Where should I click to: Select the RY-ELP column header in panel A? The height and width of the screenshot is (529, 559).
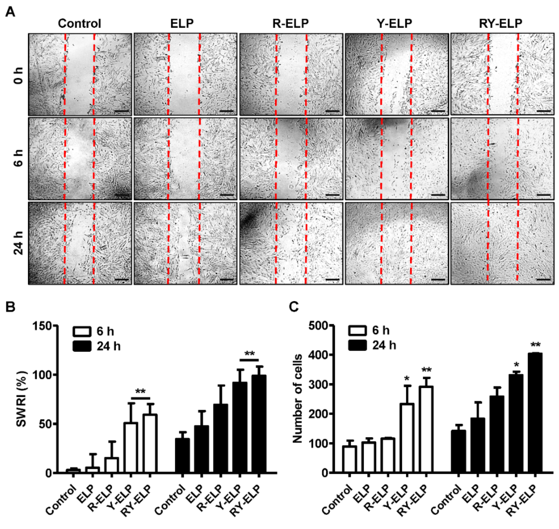500,23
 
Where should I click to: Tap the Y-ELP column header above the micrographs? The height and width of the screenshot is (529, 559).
394,23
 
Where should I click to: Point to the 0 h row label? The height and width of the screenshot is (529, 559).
19,76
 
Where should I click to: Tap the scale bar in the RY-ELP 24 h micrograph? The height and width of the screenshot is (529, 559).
543,279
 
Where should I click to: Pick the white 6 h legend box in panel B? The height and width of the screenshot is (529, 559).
82,332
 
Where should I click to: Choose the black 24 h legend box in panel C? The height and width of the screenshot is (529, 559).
358,345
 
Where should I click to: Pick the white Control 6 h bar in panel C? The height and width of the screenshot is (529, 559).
349,459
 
